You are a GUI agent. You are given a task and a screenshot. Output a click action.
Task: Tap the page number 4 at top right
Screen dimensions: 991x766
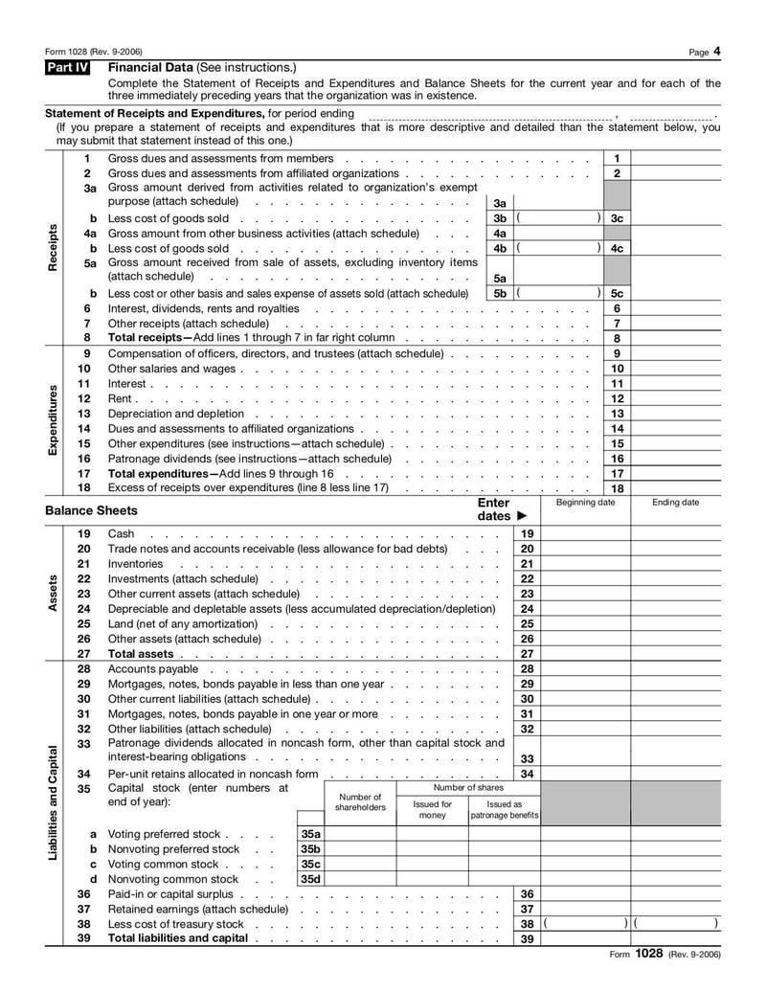pos(716,51)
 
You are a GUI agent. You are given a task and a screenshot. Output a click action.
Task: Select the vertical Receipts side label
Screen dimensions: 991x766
pos(54,247)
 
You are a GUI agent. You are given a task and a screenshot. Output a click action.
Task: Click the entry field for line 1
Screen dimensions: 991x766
pos(676,158)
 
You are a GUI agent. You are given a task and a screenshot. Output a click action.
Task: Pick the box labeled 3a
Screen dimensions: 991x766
pos(500,203)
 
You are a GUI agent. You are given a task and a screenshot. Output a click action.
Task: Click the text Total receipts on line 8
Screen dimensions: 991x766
pos(149,338)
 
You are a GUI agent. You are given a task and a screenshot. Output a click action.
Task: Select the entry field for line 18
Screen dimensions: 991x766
pos(676,488)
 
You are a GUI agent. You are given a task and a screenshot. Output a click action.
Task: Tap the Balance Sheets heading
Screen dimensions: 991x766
pos(91,510)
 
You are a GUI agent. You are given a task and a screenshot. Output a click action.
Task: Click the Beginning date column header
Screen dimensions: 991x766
pos(585,503)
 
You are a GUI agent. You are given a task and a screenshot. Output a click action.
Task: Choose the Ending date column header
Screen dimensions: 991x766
pos(676,503)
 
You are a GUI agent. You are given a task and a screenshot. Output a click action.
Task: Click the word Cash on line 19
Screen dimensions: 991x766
pos(122,533)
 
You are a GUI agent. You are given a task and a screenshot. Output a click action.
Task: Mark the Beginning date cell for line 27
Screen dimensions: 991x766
pos(585,654)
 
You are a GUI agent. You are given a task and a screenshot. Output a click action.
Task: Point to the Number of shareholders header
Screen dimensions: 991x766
pos(360,802)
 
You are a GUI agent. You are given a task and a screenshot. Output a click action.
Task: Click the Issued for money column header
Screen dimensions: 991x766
pos(432,810)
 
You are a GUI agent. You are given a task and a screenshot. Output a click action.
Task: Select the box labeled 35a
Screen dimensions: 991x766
pos(310,834)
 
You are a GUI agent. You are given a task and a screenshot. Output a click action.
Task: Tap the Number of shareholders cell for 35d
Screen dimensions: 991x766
pos(360,879)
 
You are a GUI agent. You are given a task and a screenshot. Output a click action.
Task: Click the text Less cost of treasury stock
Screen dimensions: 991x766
pos(176,924)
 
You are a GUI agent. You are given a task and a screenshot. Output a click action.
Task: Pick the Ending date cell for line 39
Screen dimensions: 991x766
pos(676,938)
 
